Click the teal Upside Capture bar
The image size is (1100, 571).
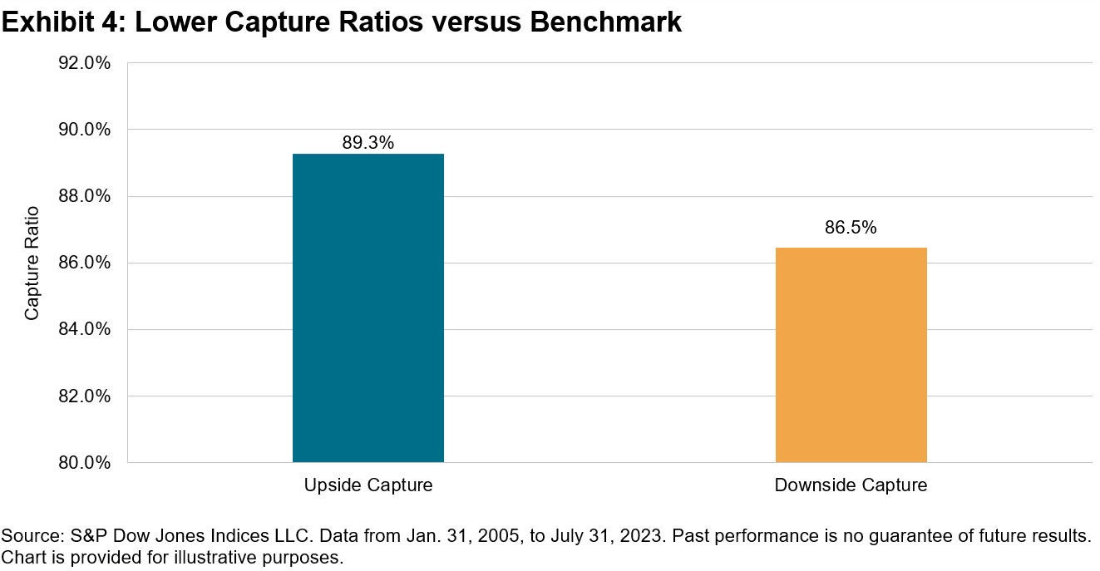(x=367, y=308)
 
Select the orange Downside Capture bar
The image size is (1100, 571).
(x=851, y=354)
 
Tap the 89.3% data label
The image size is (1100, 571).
(x=367, y=142)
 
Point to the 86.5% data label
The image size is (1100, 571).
(x=851, y=227)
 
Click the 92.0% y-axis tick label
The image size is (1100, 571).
(x=84, y=63)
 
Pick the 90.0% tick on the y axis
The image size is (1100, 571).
(x=84, y=130)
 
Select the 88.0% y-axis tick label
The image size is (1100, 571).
(x=84, y=196)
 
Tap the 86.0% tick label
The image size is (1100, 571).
(x=84, y=263)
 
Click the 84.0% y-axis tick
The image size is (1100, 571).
(x=84, y=329)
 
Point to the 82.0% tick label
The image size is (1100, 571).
(x=84, y=396)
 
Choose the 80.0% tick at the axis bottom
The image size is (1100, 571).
(x=84, y=462)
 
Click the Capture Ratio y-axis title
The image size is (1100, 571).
(x=32, y=263)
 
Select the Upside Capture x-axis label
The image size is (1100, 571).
(x=367, y=485)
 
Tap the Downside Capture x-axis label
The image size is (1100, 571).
(x=851, y=485)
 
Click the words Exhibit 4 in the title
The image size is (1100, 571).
(x=61, y=23)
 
